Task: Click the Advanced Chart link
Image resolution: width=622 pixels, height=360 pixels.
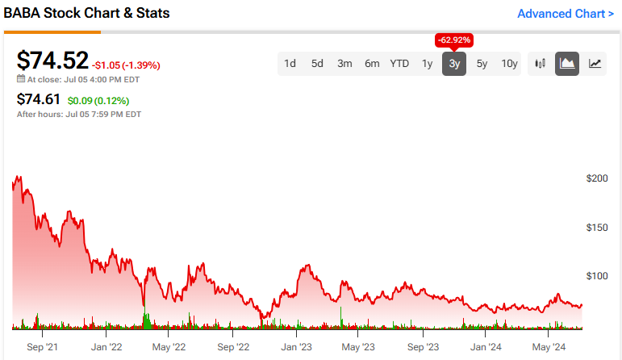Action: pyautogui.click(x=565, y=14)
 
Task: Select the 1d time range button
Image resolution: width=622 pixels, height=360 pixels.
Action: pyautogui.click(x=290, y=64)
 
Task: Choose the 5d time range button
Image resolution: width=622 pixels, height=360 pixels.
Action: pyautogui.click(x=317, y=64)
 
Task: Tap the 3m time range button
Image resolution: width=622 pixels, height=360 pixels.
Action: pyautogui.click(x=344, y=64)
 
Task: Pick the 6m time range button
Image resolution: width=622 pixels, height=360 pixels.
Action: pyautogui.click(x=372, y=64)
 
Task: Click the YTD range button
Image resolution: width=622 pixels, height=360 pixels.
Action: pyautogui.click(x=399, y=64)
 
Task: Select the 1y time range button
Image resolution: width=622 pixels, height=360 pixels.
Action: pyautogui.click(x=428, y=64)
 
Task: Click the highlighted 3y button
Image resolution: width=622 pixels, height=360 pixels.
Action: pyautogui.click(x=454, y=64)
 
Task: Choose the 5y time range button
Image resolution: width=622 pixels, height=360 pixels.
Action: pyautogui.click(x=482, y=64)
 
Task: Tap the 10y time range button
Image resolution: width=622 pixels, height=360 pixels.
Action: pyautogui.click(x=509, y=64)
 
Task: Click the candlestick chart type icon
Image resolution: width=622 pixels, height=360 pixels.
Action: pyautogui.click(x=541, y=64)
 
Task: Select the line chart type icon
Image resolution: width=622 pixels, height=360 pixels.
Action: pyautogui.click(x=595, y=64)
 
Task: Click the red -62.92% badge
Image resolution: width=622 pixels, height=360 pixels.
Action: pyautogui.click(x=454, y=40)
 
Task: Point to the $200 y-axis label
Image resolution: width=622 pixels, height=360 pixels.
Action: pyautogui.click(x=597, y=178)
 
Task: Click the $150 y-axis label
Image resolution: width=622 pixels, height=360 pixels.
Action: pyautogui.click(x=597, y=228)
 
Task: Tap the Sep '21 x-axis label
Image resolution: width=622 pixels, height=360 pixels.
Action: pyautogui.click(x=41, y=347)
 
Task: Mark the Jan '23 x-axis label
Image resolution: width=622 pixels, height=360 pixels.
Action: pyautogui.click(x=296, y=347)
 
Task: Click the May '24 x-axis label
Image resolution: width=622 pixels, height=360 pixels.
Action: pyautogui.click(x=548, y=347)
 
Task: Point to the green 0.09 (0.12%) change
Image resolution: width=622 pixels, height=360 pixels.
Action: pyautogui.click(x=98, y=101)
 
